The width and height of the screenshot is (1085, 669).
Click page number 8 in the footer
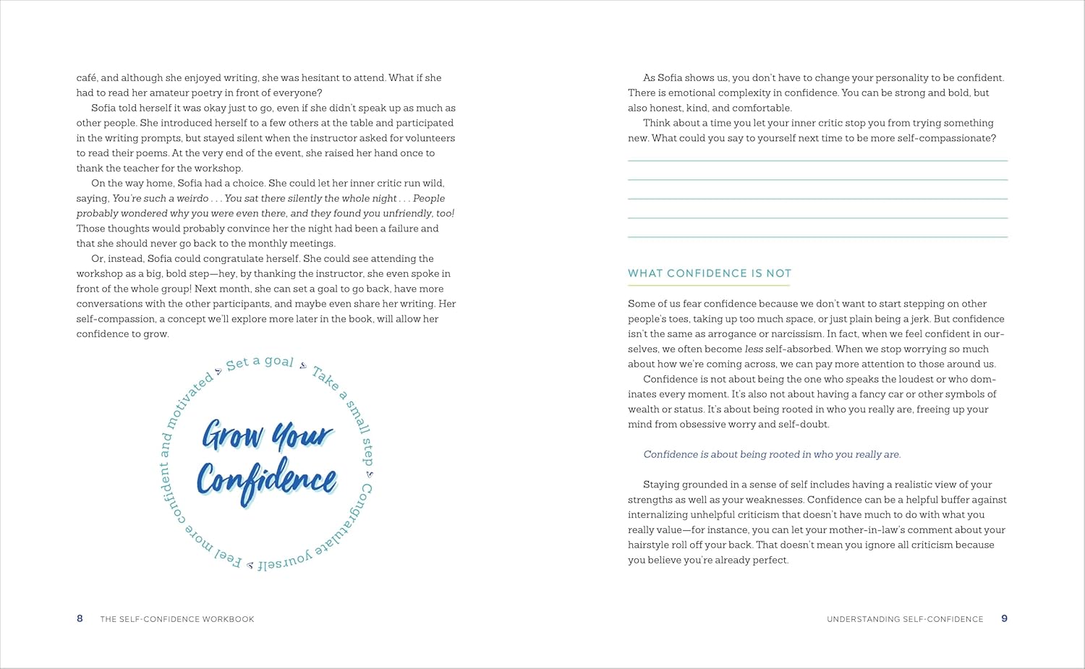coord(80,618)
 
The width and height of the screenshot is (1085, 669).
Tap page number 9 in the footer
coord(1004,618)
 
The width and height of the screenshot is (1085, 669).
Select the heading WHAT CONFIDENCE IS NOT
coord(709,273)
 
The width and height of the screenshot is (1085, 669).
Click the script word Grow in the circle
coord(232,435)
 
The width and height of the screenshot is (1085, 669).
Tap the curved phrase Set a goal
coord(260,362)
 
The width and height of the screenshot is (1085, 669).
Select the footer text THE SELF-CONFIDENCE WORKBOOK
coord(177,619)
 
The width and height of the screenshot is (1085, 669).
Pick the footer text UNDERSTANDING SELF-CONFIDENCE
coord(905,619)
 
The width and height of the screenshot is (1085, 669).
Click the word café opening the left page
coord(87,78)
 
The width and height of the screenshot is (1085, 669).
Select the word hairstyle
coord(650,545)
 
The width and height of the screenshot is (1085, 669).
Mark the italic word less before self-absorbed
coord(753,349)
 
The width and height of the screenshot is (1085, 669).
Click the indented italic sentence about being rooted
coord(772,455)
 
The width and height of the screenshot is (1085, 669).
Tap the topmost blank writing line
coord(817,160)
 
